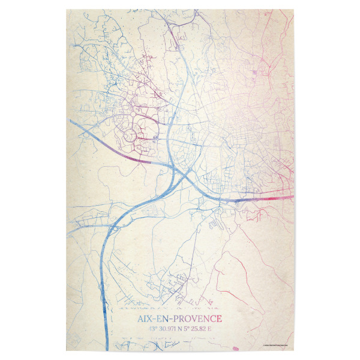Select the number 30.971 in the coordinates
tap(165, 329)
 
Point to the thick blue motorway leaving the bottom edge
tap(106, 336)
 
